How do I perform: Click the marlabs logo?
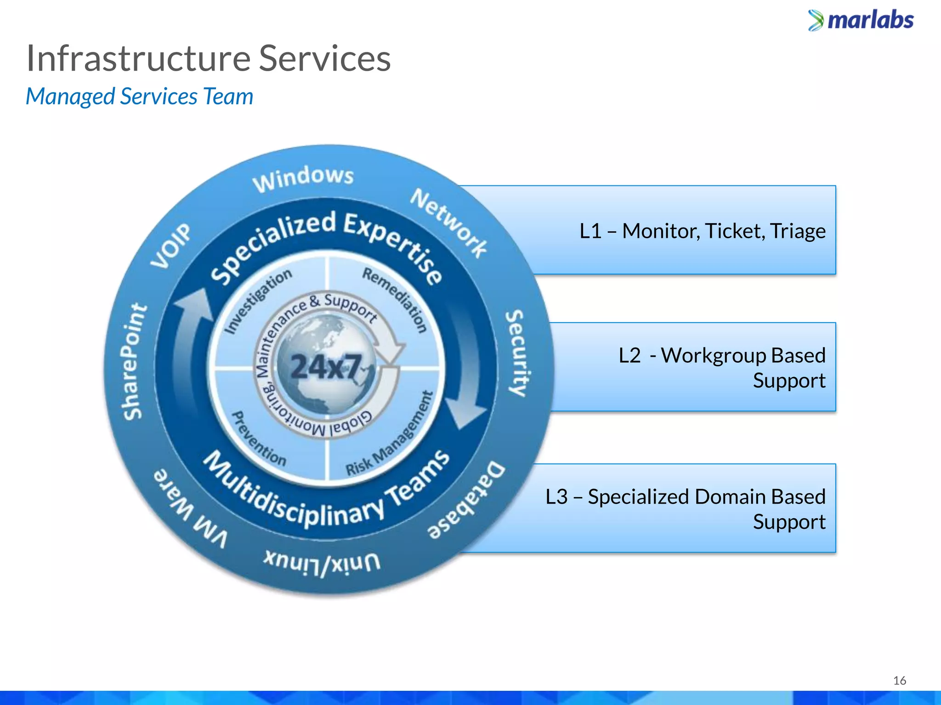tap(861, 21)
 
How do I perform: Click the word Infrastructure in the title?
tap(138, 59)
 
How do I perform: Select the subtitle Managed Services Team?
tap(139, 97)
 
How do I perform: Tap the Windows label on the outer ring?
tap(303, 179)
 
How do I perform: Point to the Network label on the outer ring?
tap(448, 223)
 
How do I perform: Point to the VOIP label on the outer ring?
tap(170, 246)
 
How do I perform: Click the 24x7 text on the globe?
tap(326, 367)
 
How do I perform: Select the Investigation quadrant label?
tap(258, 300)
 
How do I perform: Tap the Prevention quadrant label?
tap(258, 439)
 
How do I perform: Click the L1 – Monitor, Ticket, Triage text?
tap(702, 231)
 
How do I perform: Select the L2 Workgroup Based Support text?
tap(721, 368)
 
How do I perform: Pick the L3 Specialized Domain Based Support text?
tap(685, 509)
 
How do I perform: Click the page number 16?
tap(899, 680)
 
